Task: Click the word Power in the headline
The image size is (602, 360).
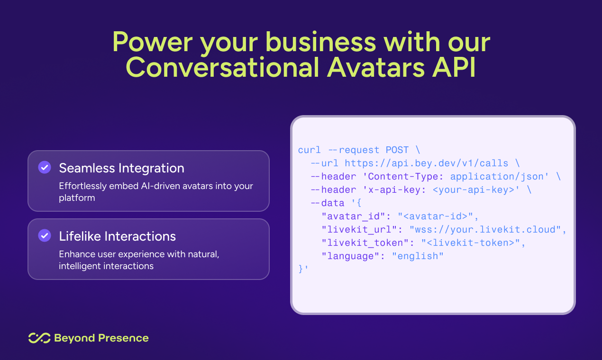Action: click(153, 42)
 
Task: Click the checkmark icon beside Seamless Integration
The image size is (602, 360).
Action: click(45, 167)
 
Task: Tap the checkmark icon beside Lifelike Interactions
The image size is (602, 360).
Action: click(45, 235)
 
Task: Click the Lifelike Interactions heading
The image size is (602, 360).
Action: click(117, 236)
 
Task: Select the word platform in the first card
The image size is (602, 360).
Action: click(77, 198)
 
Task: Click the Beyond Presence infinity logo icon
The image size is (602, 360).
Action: click(39, 338)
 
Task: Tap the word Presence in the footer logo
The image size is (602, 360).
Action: click(123, 338)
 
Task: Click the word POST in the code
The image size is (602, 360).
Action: click(397, 150)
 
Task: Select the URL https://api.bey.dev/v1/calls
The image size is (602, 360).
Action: click(427, 163)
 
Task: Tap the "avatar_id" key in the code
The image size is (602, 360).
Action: click(353, 216)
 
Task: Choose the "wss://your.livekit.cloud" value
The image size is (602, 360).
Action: click(485, 229)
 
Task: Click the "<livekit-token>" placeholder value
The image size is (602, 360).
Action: click(471, 243)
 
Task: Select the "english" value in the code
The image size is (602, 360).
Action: click(418, 256)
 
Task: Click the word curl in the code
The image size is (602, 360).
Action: click(310, 150)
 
